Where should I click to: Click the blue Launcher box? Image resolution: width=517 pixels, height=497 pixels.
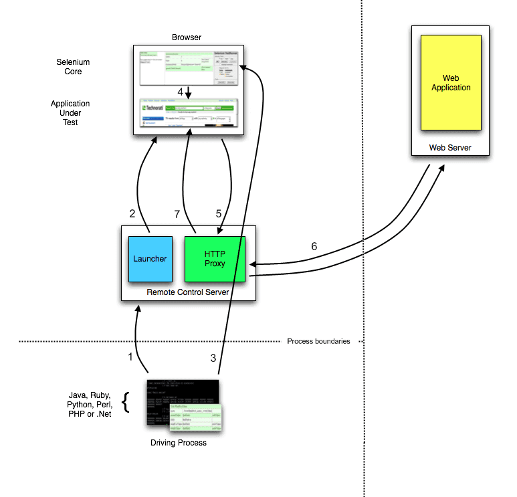pos(150,258)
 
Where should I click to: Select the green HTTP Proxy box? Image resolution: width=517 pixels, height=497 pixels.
pos(215,258)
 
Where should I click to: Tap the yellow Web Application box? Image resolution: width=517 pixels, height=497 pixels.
pos(450,82)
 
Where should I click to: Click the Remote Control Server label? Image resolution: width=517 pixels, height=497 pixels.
pos(188,293)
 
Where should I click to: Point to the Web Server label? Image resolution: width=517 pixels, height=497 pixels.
pos(449,146)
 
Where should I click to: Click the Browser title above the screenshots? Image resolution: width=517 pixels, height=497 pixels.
pos(187,37)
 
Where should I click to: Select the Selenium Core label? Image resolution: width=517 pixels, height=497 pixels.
pos(73,67)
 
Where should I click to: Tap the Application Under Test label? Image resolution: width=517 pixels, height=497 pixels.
pos(70,113)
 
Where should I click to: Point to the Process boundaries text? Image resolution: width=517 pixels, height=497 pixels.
pos(318,341)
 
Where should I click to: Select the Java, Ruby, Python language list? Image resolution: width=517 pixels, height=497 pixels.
pos(89,404)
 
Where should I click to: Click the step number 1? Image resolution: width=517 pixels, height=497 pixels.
pos(130,357)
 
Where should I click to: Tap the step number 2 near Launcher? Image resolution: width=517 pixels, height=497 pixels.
pos(132,213)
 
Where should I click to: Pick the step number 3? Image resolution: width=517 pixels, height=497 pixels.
pos(213,358)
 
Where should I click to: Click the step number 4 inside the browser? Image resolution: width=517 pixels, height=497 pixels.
pos(180,91)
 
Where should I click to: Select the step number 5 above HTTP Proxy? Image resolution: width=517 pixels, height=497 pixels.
pos(218,213)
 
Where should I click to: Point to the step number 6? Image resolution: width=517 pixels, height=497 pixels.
pos(314,246)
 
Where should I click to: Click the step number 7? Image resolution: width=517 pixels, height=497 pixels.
pos(177,213)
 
